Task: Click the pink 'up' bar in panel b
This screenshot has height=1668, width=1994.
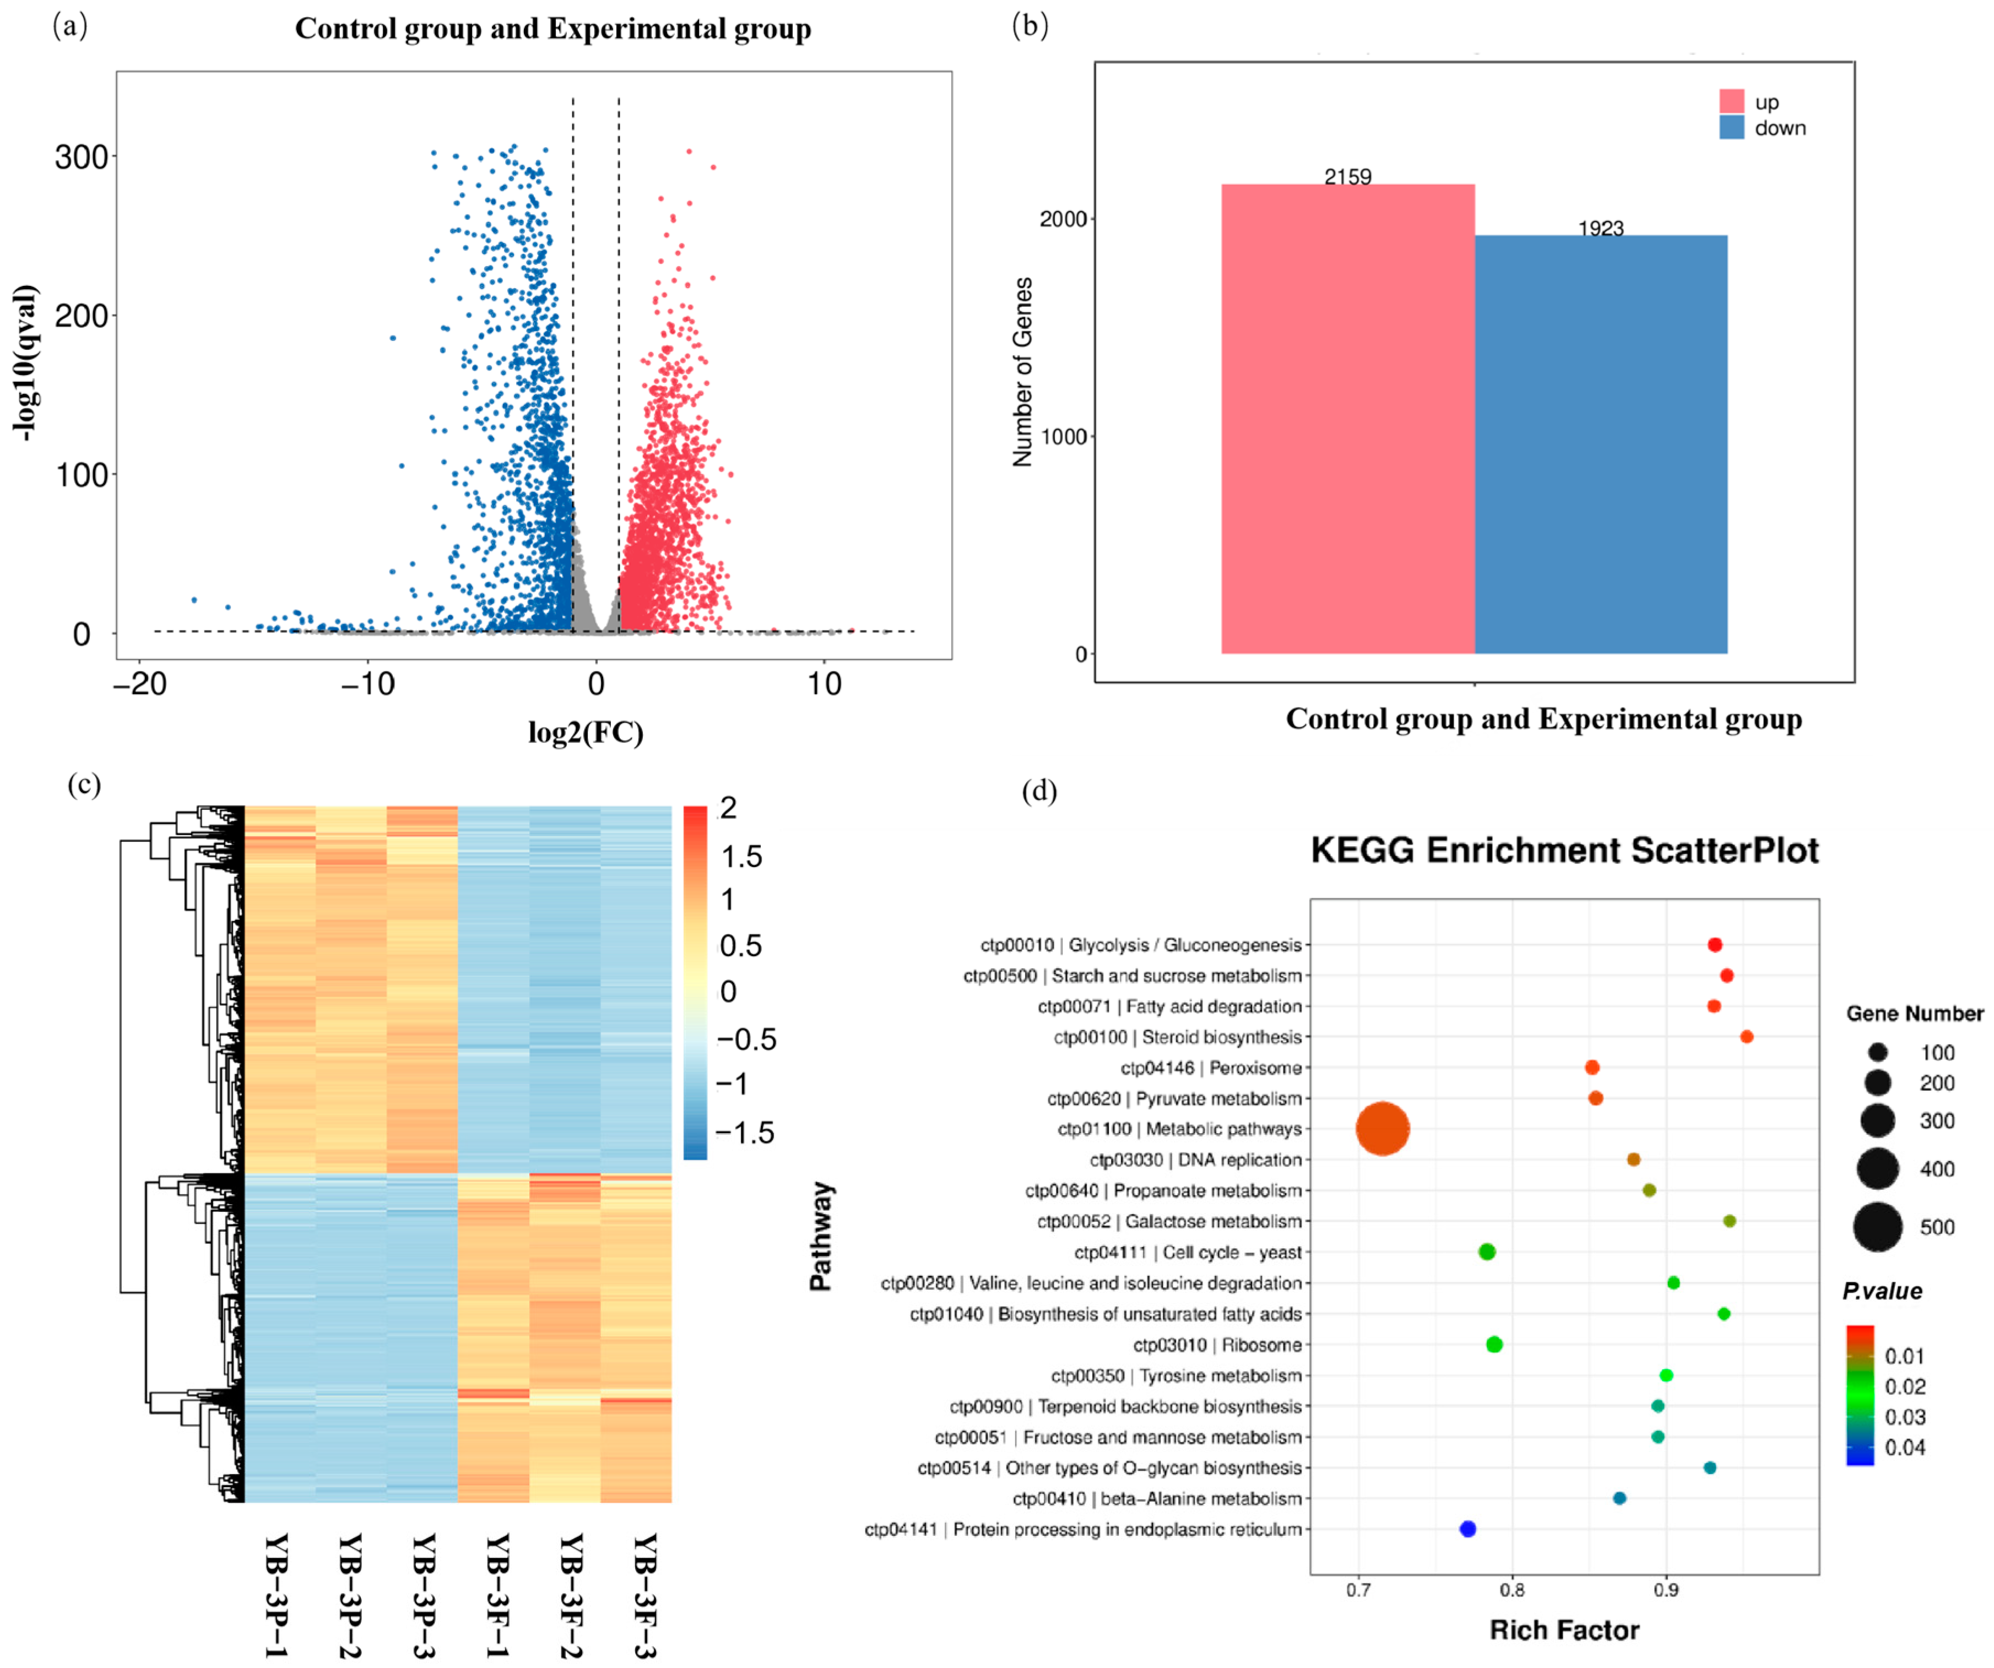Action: [x=1347, y=418]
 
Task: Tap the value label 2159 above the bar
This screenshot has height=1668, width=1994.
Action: [x=1347, y=177]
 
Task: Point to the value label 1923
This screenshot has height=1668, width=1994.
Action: [x=1601, y=228]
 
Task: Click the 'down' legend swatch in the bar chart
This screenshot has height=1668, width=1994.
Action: [x=1731, y=127]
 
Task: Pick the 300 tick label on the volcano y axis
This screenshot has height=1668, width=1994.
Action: [x=81, y=156]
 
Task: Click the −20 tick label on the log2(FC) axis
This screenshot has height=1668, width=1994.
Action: [x=139, y=684]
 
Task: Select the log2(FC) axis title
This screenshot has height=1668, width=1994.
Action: [x=586, y=732]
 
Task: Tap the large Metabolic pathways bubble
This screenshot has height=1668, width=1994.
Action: [x=1383, y=1129]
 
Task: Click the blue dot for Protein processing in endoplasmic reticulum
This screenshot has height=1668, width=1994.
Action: [x=1467, y=1529]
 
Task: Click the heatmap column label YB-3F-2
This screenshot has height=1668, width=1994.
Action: [x=570, y=1595]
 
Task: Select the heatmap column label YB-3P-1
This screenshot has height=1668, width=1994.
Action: [x=275, y=1595]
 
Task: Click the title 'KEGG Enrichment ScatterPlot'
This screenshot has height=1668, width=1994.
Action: [x=1564, y=849]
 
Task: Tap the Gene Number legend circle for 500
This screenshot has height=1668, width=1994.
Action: [x=1877, y=1227]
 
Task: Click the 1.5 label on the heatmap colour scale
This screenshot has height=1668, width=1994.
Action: [x=741, y=856]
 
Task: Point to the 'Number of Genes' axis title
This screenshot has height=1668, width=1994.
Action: [x=1022, y=372]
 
